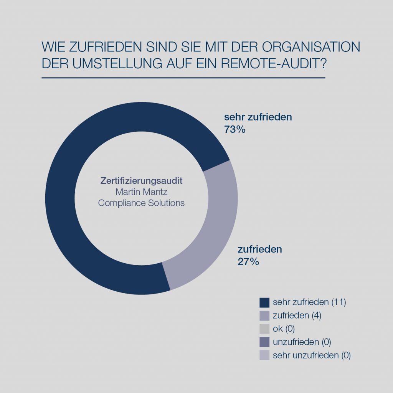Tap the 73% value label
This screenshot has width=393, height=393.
point(234,129)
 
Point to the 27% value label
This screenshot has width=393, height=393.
point(248,262)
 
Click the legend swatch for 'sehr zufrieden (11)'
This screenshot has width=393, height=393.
point(264,302)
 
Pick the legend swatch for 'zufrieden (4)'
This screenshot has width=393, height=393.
point(264,315)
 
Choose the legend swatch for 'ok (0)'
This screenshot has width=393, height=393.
point(264,329)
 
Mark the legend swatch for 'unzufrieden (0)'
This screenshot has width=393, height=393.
point(264,342)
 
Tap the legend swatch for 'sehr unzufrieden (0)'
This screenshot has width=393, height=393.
point(264,355)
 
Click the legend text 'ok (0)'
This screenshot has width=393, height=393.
point(284,329)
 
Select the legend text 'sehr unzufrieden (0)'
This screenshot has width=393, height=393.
point(312,355)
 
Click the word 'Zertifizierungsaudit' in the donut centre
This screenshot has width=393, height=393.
point(141,180)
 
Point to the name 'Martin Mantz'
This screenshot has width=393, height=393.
point(141,192)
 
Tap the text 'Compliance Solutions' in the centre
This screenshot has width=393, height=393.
point(141,203)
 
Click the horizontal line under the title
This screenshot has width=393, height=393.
point(183,78)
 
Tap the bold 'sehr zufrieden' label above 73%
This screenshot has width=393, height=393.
point(258,117)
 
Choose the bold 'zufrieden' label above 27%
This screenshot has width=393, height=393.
point(260,249)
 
